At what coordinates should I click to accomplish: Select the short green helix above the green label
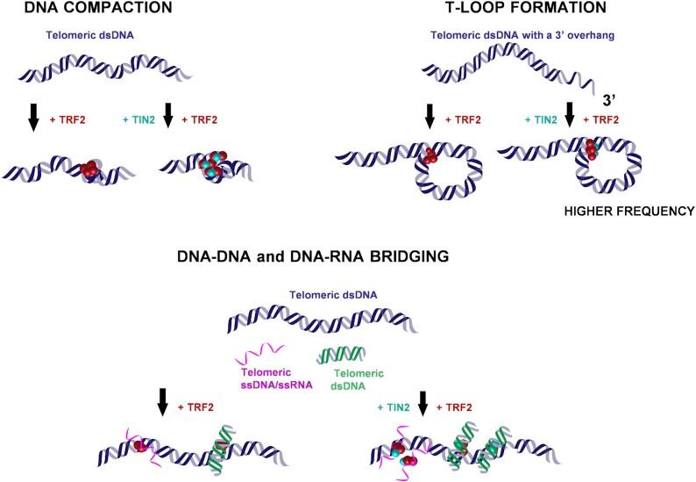point(338,356)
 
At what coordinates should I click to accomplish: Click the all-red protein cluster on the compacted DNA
point(90,170)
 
